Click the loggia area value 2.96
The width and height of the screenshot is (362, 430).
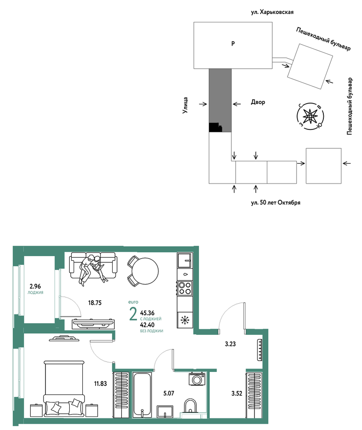[35, 286]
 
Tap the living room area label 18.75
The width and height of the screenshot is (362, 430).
[95, 303]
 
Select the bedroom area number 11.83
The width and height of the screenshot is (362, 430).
[101, 384]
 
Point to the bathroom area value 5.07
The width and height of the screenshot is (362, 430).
[169, 393]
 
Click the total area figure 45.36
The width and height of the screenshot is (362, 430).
[147, 313]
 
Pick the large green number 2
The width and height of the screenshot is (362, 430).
[133, 314]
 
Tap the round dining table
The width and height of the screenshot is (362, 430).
[145, 271]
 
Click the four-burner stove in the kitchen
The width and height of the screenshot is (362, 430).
[185, 288]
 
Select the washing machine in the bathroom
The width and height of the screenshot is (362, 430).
[197, 379]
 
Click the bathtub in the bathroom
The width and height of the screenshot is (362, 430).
[142, 395]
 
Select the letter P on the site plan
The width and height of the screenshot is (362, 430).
[233, 43]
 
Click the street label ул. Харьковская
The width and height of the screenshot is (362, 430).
[272, 12]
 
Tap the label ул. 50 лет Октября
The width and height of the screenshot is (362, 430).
[276, 203]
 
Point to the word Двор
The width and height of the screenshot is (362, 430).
[258, 102]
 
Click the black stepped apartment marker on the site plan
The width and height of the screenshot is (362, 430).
[215, 127]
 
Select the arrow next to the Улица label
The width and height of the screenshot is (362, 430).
[203, 104]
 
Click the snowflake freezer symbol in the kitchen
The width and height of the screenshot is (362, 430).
[185, 320]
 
